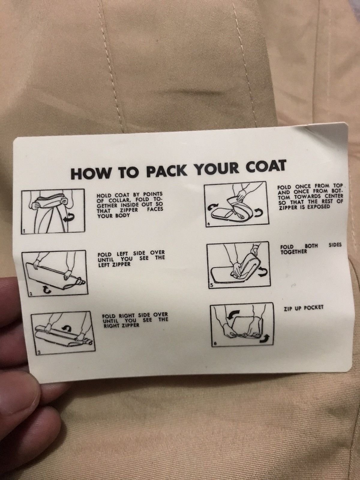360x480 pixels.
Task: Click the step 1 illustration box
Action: pos(53,212)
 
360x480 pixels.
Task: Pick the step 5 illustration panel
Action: pos(238,265)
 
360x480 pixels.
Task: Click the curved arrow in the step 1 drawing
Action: pos(68,218)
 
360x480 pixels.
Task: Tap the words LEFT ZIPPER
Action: pos(114,264)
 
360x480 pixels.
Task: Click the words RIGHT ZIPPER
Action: pos(121,326)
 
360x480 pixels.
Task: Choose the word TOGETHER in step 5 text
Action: pos(294,252)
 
